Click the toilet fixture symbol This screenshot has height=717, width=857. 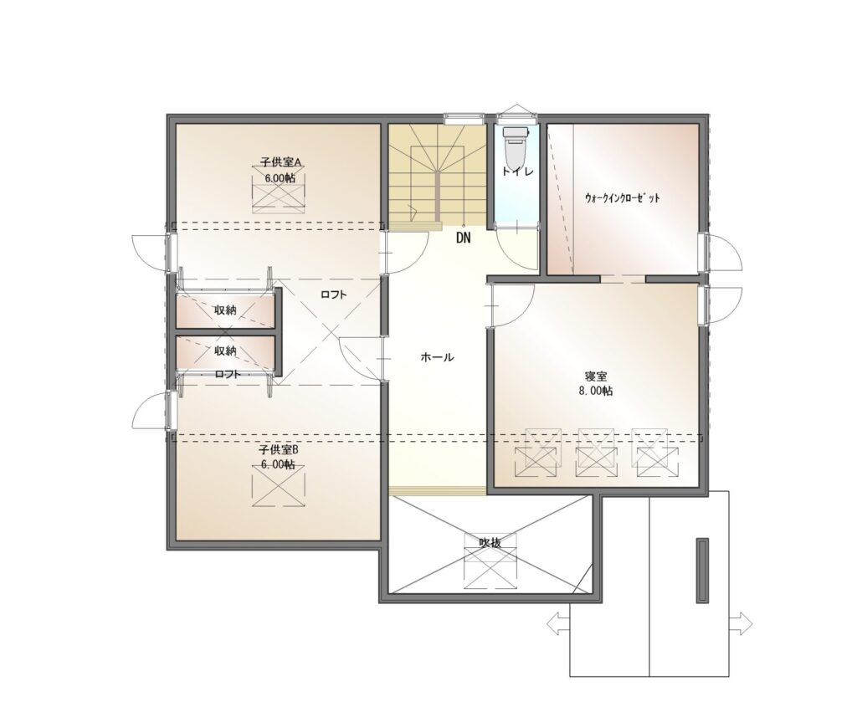click(516, 148)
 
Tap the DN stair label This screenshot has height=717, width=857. click(463, 238)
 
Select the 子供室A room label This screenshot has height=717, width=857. click(281, 162)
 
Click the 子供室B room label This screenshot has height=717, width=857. click(279, 450)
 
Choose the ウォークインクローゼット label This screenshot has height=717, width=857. click(622, 197)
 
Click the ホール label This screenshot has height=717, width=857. click(437, 357)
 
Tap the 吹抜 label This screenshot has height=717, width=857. click(490, 543)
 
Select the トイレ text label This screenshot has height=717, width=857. click(517, 171)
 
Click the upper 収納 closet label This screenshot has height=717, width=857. click(225, 310)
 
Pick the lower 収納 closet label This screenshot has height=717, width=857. click(225, 351)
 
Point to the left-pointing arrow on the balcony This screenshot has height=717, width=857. click(558, 623)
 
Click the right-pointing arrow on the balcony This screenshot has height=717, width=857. click(742, 623)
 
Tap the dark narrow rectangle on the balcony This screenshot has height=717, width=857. click(702, 571)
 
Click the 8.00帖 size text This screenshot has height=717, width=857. click(596, 392)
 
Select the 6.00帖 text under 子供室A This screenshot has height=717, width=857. click(280, 178)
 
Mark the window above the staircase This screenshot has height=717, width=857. click(464, 115)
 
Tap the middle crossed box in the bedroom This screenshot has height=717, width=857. click(596, 453)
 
